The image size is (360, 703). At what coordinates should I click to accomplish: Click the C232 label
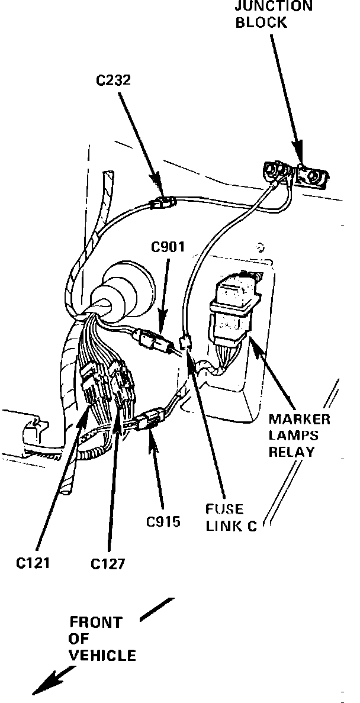(114, 79)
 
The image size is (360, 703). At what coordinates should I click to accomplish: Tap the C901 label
(168, 248)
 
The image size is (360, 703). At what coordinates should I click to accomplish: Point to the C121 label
(33, 563)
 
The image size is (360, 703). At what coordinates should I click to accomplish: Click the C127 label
(108, 563)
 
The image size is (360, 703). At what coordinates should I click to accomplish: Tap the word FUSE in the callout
(223, 509)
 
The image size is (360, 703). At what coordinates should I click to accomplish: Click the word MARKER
(299, 420)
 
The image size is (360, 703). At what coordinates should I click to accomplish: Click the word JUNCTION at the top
(274, 7)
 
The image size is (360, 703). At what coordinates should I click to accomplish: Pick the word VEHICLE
(102, 655)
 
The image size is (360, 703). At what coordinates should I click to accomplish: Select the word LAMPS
(294, 436)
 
